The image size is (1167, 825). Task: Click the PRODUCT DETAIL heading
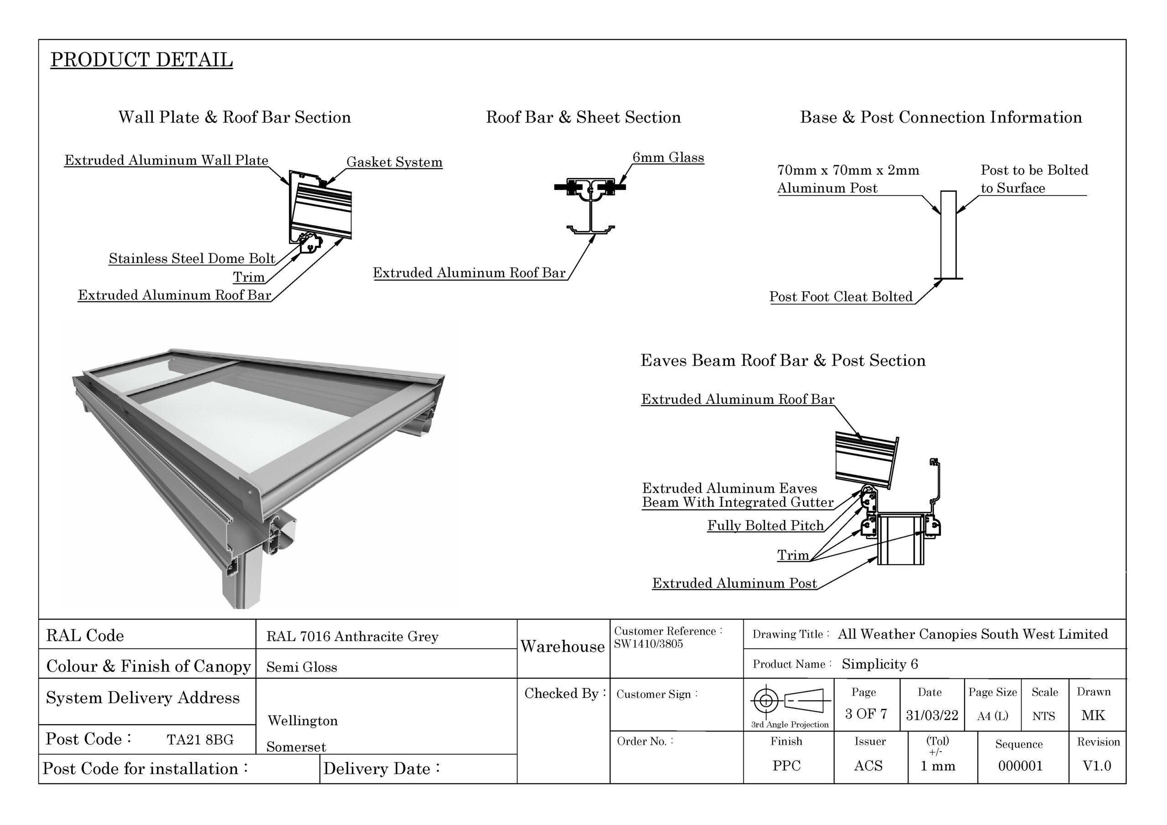pyautogui.click(x=141, y=60)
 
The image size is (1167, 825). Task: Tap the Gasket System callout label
pyautogui.click(x=394, y=162)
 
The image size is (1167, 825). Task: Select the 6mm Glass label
pyautogui.click(x=668, y=158)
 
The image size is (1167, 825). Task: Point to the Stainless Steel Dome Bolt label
pyautogui.click(x=191, y=259)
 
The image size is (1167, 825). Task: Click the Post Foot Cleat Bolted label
pyautogui.click(x=841, y=297)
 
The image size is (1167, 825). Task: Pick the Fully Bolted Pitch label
pyautogui.click(x=765, y=526)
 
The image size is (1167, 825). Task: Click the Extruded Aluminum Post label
pyautogui.click(x=734, y=583)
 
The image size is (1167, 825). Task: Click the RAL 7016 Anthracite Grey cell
pyautogui.click(x=352, y=636)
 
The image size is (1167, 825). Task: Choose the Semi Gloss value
pyautogui.click(x=301, y=667)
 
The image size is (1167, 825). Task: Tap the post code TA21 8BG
pyautogui.click(x=200, y=740)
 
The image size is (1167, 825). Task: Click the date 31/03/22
pyautogui.click(x=932, y=715)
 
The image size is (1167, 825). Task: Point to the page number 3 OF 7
pyautogui.click(x=866, y=714)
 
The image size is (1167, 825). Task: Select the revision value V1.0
pyautogui.click(x=1096, y=766)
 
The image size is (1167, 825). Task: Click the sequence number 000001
pyautogui.click(x=1020, y=766)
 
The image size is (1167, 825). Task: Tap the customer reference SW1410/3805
pyautogui.click(x=648, y=644)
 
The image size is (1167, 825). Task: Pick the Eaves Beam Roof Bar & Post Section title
pyautogui.click(x=783, y=361)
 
